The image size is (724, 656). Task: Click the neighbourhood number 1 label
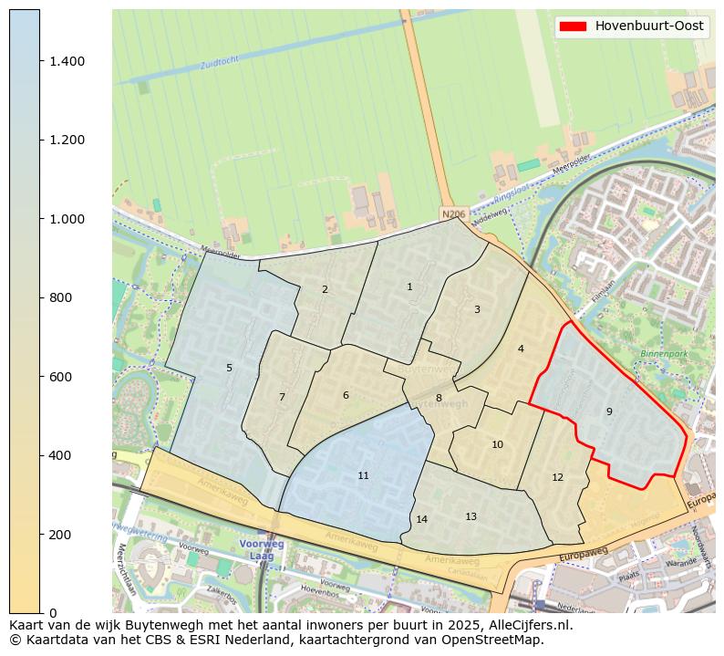coord(409,287)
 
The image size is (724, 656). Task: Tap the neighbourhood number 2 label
coord(325,290)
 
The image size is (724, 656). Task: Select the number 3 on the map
coord(477,310)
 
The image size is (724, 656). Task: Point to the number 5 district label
coord(229,369)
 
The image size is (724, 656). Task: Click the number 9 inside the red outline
coord(609,412)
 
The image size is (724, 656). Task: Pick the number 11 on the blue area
coord(363,476)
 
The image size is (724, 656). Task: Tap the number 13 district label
coord(471,517)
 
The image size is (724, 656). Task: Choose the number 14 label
coord(421,520)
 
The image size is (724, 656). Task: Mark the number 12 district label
coord(557,478)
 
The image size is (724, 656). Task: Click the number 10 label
coord(497,445)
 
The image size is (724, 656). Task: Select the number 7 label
coord(282,398)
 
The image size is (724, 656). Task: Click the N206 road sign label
coord(452,214)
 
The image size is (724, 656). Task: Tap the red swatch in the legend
coord(574,26)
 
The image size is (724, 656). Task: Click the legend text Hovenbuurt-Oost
coord(649,26)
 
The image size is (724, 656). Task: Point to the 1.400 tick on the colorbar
coord(67,61)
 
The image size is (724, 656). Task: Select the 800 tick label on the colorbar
coord(60,297)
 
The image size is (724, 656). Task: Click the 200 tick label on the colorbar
coord(60,534)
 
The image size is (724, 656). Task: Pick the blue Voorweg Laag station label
coord(262,549)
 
